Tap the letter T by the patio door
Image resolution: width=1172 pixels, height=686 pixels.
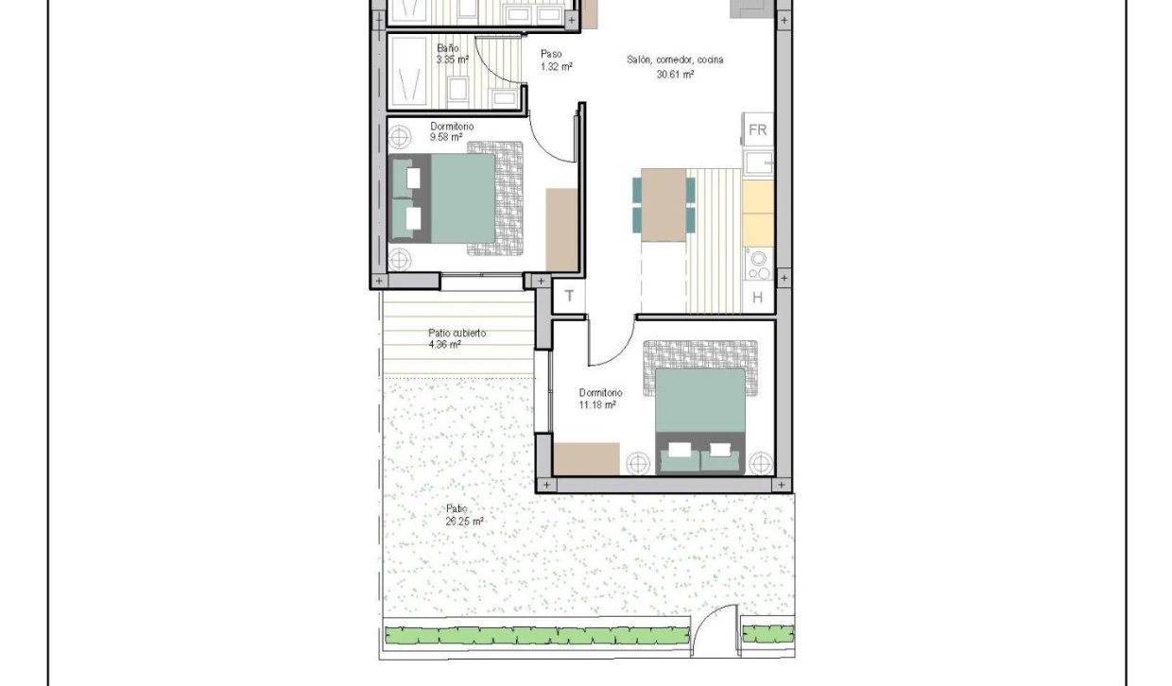point(569,296)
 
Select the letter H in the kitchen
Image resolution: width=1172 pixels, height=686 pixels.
point(757,298)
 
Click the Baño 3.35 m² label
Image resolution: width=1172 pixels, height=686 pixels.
point(452,54)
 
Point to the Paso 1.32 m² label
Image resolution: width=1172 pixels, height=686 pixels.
point(556,60)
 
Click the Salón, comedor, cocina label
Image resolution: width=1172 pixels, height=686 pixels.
point(675,60)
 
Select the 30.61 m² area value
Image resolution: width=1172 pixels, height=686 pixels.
point(675,74)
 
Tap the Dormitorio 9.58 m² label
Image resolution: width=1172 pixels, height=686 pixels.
point(451,131)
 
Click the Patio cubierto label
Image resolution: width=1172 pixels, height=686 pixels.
point(457,338)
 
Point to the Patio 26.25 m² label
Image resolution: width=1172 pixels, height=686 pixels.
point(464,515)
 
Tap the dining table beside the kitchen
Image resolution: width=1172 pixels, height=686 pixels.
point(664,204)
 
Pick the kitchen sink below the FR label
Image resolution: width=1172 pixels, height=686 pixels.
point(758,163)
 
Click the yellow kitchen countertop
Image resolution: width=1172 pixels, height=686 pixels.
point(758,212)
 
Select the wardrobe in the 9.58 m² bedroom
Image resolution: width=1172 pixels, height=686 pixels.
point(561,229)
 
